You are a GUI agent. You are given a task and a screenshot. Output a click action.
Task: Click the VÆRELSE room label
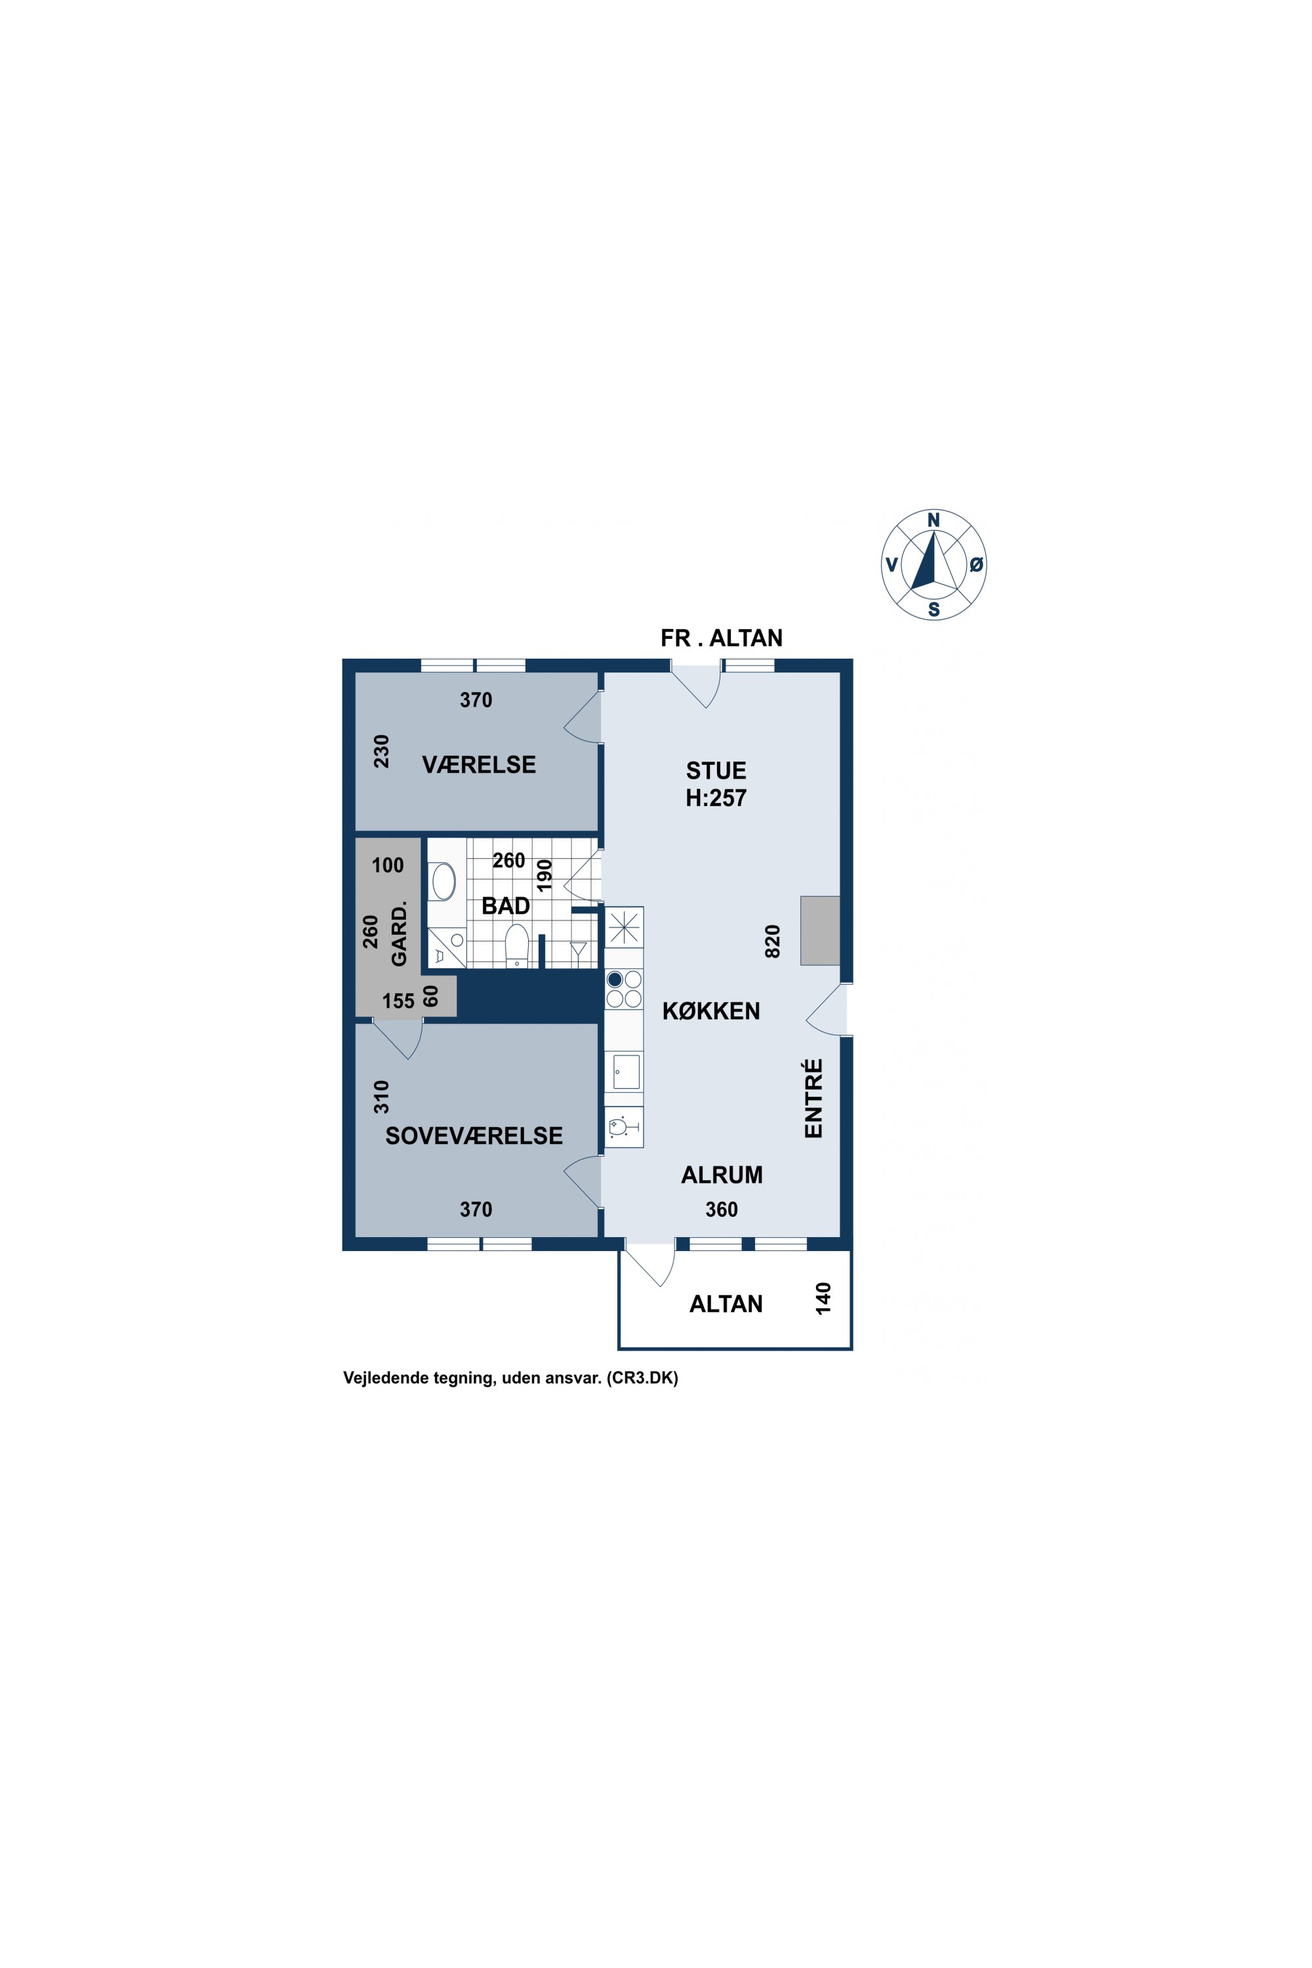[x=479, y=764]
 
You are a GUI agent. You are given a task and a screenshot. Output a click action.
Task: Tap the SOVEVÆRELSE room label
[x=474, y=1136]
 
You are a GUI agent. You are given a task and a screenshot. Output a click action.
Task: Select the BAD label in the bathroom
[x=505, y=905]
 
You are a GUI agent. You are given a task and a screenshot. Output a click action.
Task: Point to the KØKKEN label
[x=711, y=1011]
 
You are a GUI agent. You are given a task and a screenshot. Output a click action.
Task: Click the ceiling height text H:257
[x=716, y=798]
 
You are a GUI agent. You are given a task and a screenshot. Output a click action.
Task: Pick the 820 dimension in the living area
[x=772, y=941]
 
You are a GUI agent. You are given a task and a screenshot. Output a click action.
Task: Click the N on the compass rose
[x=933, y=520]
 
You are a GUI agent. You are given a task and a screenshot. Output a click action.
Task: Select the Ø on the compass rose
[x=975, y=565]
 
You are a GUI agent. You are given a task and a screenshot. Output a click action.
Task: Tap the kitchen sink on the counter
[x=626, y=1072]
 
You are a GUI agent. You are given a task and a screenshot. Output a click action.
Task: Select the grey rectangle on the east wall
[x=820, y=930]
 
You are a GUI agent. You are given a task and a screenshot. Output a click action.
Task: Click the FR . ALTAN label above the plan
[x=721, y=638]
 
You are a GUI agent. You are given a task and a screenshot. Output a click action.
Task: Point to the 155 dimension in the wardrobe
[x=398, y=1001]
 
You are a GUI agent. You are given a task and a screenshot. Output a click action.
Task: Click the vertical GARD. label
[x=399, y=933]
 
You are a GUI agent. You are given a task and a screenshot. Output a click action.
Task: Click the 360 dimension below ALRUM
[x=721, y=1209]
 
